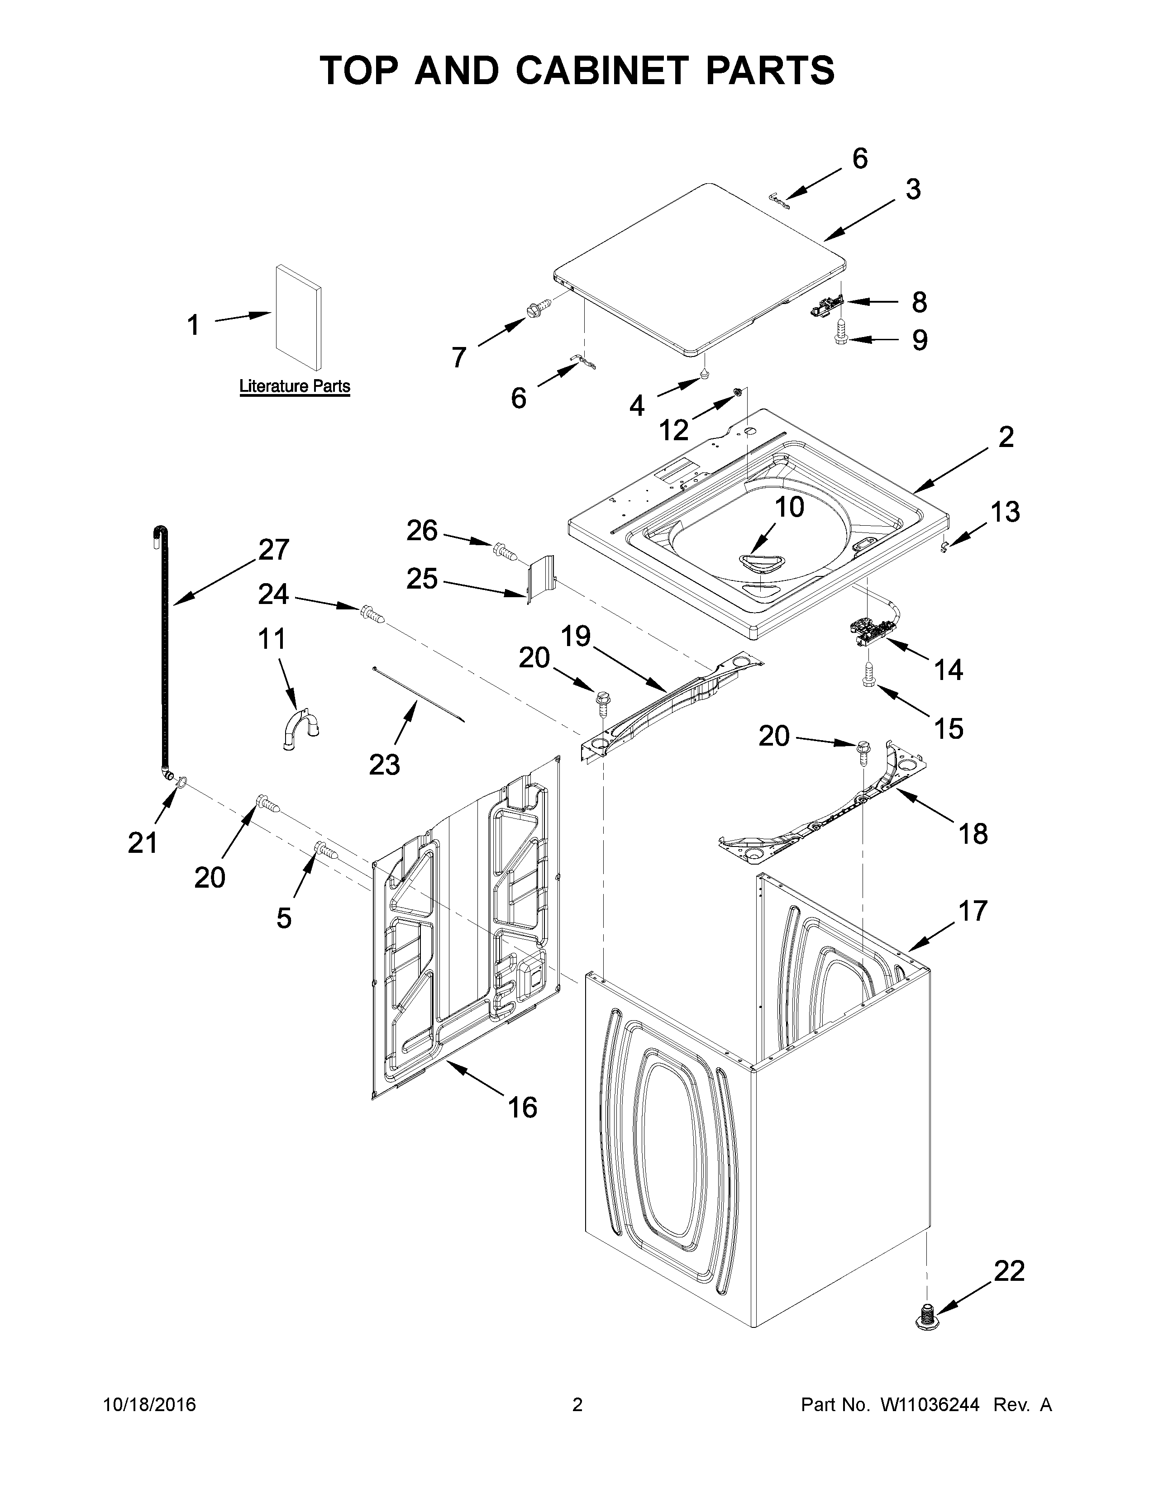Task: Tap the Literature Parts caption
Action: [x=295, y=387]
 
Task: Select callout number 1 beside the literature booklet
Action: [x=194, y=325]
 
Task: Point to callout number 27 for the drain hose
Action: [x=273, y=550]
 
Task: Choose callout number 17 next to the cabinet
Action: [x=973, y=911]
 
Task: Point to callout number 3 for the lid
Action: [x=913, y=190]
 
